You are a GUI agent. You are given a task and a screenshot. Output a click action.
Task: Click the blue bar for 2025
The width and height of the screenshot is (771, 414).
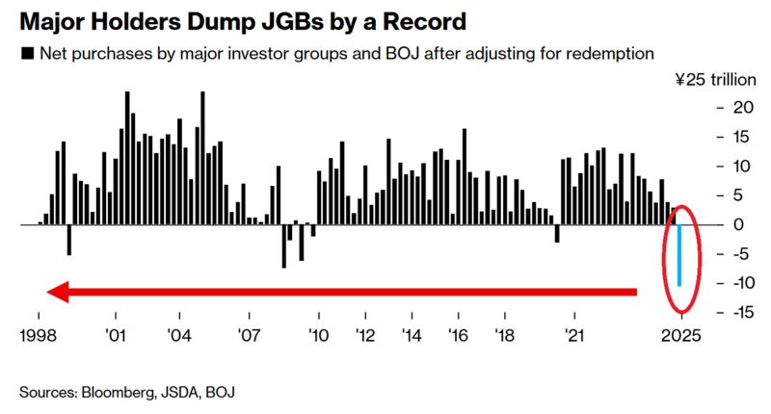point(679,255)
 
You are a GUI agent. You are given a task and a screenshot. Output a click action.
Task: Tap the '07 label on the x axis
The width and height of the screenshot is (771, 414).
point(249,336)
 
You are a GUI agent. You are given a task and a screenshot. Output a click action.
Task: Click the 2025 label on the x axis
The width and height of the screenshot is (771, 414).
point(680,336)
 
